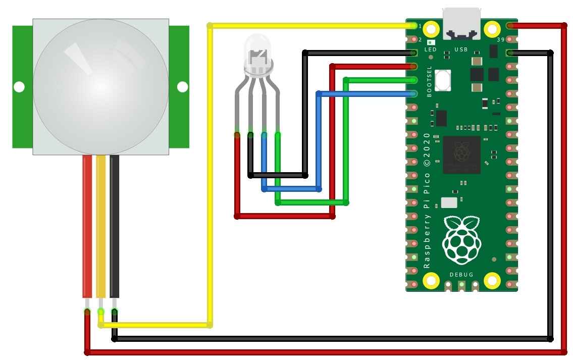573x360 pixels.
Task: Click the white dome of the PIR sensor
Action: pyautogui.click(x=100, y=86)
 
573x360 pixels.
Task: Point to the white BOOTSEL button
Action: pyautogui.click(x=442, y=80)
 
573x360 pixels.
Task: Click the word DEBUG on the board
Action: pyautogui.click(x=461, y=274)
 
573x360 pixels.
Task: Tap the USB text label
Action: pyautogui.click(x=461, y=49)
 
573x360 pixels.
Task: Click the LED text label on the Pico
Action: pyautogui.click(x=431, y=49)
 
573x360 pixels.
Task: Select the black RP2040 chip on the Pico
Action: pyautogui.click(x=461, y=155)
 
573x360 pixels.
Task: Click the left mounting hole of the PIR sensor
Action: pyautogui.click(x=19, y=87)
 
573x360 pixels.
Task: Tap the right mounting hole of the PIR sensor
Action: pyautogui.click(x=182, y=87)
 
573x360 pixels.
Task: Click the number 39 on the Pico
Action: pyautogui.click(x=501, y=39)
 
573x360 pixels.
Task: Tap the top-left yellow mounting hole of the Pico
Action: pyautogui.click(x=431, y=28)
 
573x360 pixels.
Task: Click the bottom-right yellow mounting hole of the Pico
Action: pyautogui.click(x=492, y=280)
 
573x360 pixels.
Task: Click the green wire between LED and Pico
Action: pyautogui.click(x=346, y=141)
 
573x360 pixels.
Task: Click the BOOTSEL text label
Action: pyautogui.click(x=430, y=82)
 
